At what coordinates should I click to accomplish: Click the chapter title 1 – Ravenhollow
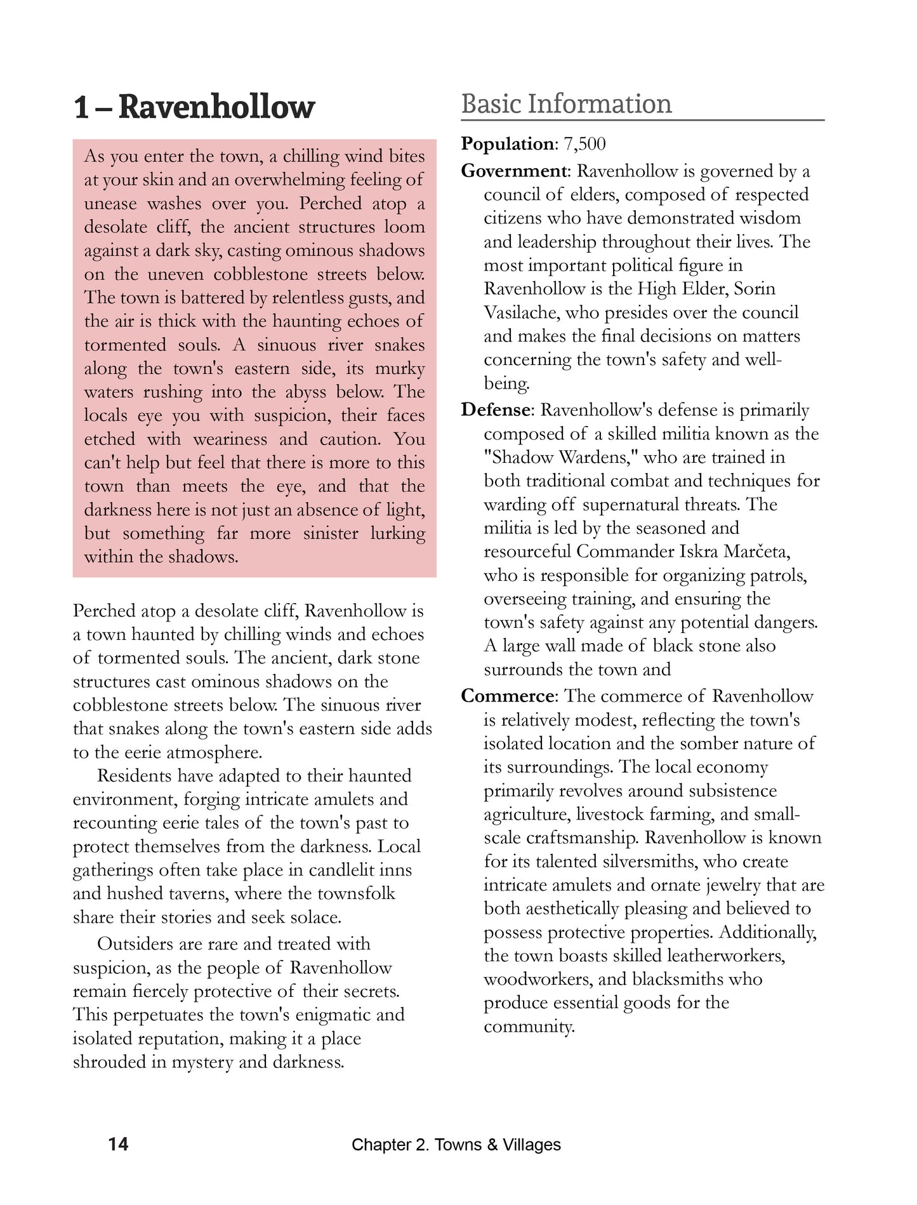pos(194,107)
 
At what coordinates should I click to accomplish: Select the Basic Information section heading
pos(566,104)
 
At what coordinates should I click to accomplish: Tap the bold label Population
pos(508,144)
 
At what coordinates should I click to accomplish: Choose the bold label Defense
pos(496,410)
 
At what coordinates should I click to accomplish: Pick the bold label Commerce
pos(508,696)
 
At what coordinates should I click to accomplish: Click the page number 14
pos(118,1144)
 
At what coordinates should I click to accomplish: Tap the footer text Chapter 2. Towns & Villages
pos(456,1145)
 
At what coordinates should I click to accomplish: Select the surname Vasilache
pos(522,312)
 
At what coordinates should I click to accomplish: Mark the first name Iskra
pos(699,551)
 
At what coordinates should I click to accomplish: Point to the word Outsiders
pos(135,944)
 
